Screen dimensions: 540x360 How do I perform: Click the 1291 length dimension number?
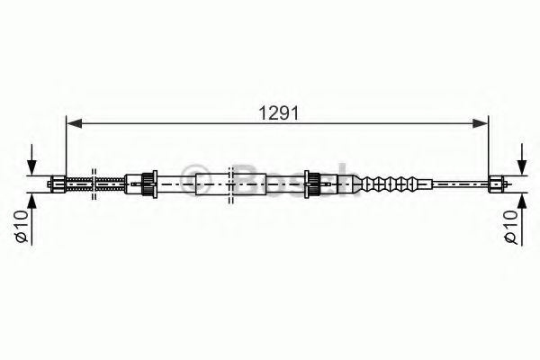coord(279,112)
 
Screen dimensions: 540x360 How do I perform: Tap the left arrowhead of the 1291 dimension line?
coord(74,123)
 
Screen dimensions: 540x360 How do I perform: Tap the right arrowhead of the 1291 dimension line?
coord(481,123)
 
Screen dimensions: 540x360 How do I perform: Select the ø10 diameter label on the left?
coord(22,226)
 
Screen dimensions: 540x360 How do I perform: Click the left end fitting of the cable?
coord(57,184)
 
